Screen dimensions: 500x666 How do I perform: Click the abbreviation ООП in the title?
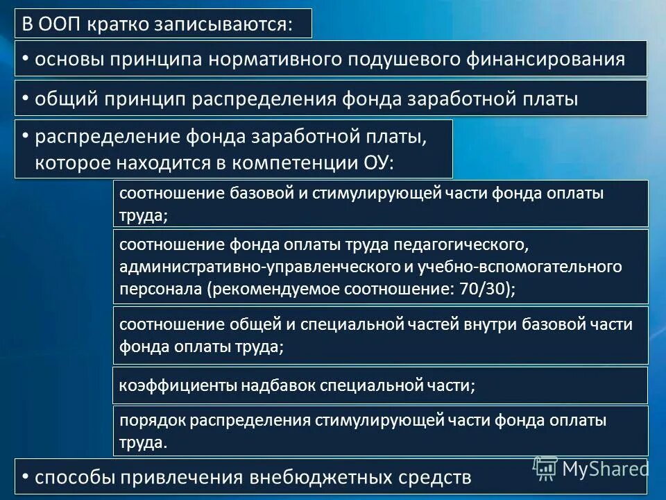point(62,24)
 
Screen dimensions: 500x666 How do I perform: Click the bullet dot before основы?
point(25,58)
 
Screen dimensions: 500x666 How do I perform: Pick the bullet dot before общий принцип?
point(25,99)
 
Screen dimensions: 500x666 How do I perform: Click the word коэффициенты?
point(167,386)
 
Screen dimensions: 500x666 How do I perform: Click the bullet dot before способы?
point(25,477)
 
